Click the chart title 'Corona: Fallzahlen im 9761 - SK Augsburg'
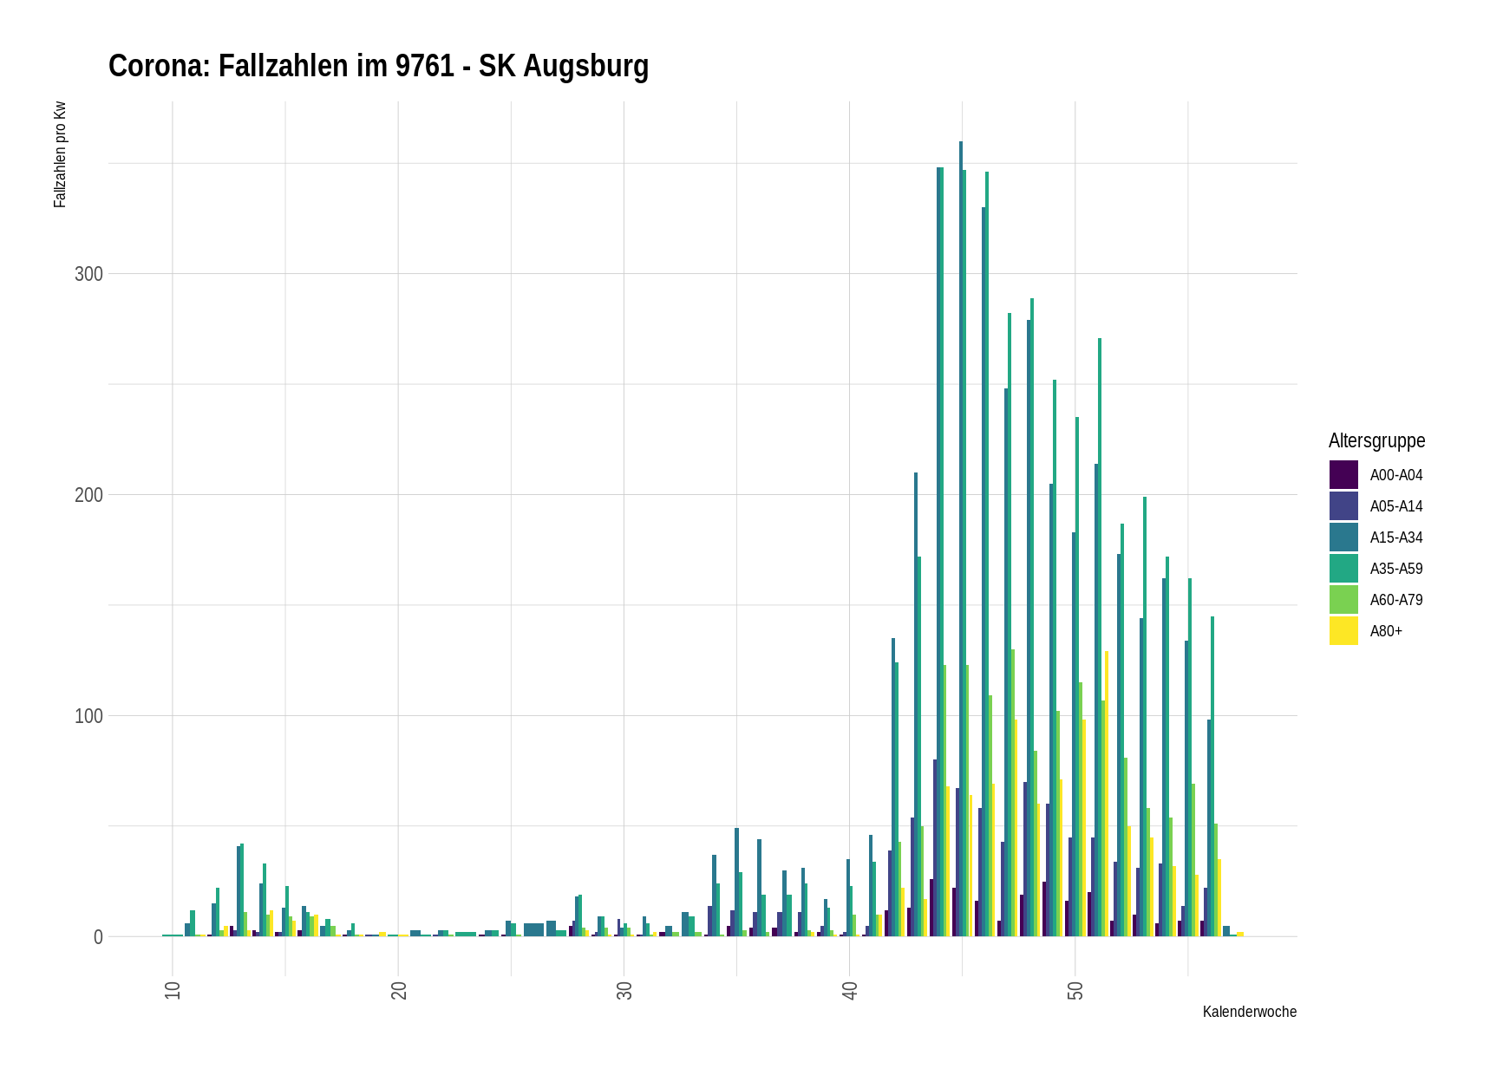378,67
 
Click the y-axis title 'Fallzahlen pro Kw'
60,155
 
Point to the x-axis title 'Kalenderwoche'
1249,1012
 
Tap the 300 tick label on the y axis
88,274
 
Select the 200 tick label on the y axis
88,495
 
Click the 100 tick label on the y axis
88,716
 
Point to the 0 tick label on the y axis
98,937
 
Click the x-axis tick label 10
173,990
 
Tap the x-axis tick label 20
399,990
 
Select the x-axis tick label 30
624,990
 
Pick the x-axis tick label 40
850,990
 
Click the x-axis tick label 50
1075,990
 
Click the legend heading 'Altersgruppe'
1376,440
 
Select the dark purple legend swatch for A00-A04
1343,475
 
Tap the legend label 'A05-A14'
1396,506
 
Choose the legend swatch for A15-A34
1343,537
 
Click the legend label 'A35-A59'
1396,569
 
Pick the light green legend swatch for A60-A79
1343,600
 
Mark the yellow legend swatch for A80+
1343,631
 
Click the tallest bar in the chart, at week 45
961,537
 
